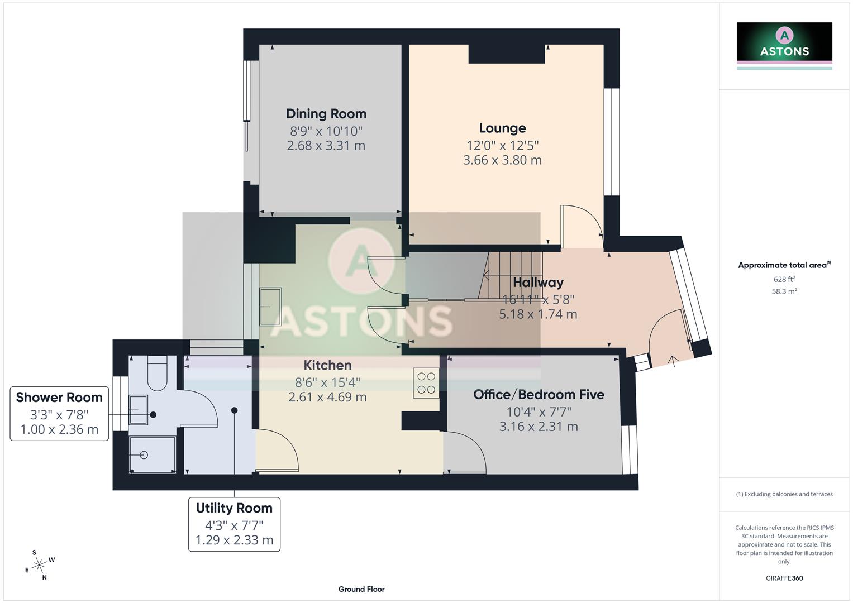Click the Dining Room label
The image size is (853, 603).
click(x=326, y=114)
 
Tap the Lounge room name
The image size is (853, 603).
click(x=502, y=128)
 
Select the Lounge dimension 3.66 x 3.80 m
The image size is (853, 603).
click(x=502, y=160)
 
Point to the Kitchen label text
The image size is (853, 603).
click(x=327, y=365)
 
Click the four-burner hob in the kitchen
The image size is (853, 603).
click(x=426, y=382)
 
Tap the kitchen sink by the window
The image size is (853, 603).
click(x=271, y=306)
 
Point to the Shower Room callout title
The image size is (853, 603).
click(x=59, y=398)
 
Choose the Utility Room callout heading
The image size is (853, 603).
click(x=234, y=508)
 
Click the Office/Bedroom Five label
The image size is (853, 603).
click(x=539, y=395)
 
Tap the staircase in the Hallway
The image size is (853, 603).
click(x=511, y=274)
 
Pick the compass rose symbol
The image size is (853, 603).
click(x=39, y=565)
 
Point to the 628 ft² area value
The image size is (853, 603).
click(x=784, y=279)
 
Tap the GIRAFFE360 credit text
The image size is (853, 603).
click(x=784, y=578)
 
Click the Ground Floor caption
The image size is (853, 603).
click(x=361, y=589)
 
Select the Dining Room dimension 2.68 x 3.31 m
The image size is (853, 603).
click(x=326, y=146)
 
